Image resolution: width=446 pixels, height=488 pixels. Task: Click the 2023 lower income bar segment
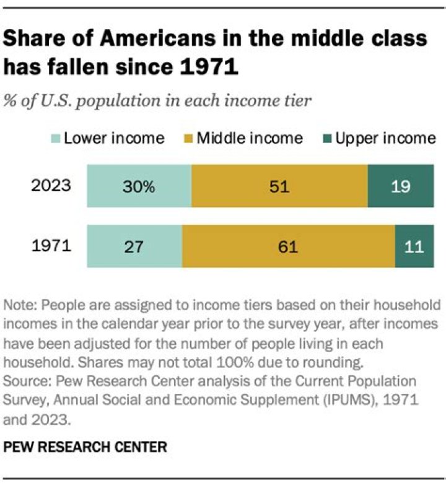click(x=139, y=186)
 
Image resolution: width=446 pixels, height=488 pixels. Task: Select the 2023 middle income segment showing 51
click(x=279, y=186)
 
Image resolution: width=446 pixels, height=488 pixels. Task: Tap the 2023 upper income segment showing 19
click(x=400, y=186)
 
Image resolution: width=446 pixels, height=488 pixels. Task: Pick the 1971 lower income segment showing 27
click(x=134, y=246)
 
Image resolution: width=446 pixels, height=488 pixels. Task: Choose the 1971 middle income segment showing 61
click(x=289, y=246)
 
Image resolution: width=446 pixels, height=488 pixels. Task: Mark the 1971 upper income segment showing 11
click(x=414, y=246)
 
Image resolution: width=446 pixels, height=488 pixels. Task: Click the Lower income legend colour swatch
click(x=55, y=137)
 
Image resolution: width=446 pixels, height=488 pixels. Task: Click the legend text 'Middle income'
click(x=250, y=137)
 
